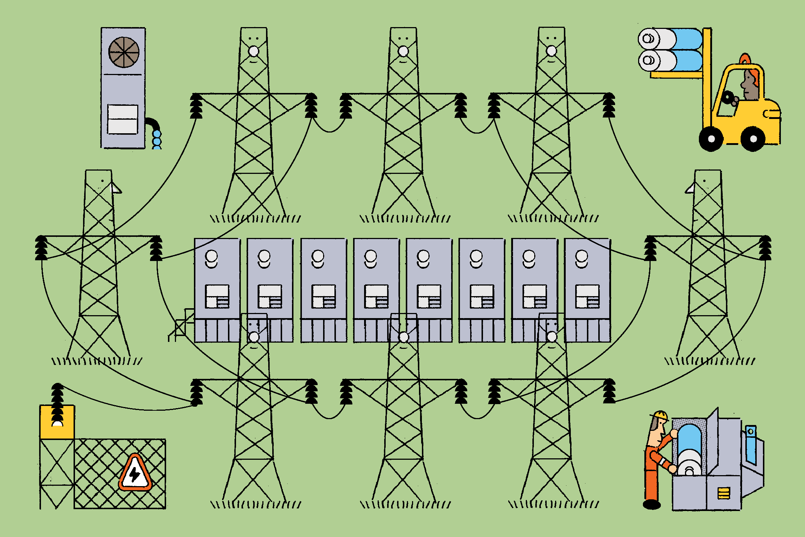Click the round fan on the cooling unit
click(124, 52)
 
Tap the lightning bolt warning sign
click(135, 473)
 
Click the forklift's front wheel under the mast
click(711, 139)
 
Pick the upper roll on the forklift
click(670, 38)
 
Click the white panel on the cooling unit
click(123, 119)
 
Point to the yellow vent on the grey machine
click(723, 493)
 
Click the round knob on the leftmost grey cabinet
click(211, 256)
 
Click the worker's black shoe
click(652, 505)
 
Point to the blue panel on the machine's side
click(751, 445)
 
